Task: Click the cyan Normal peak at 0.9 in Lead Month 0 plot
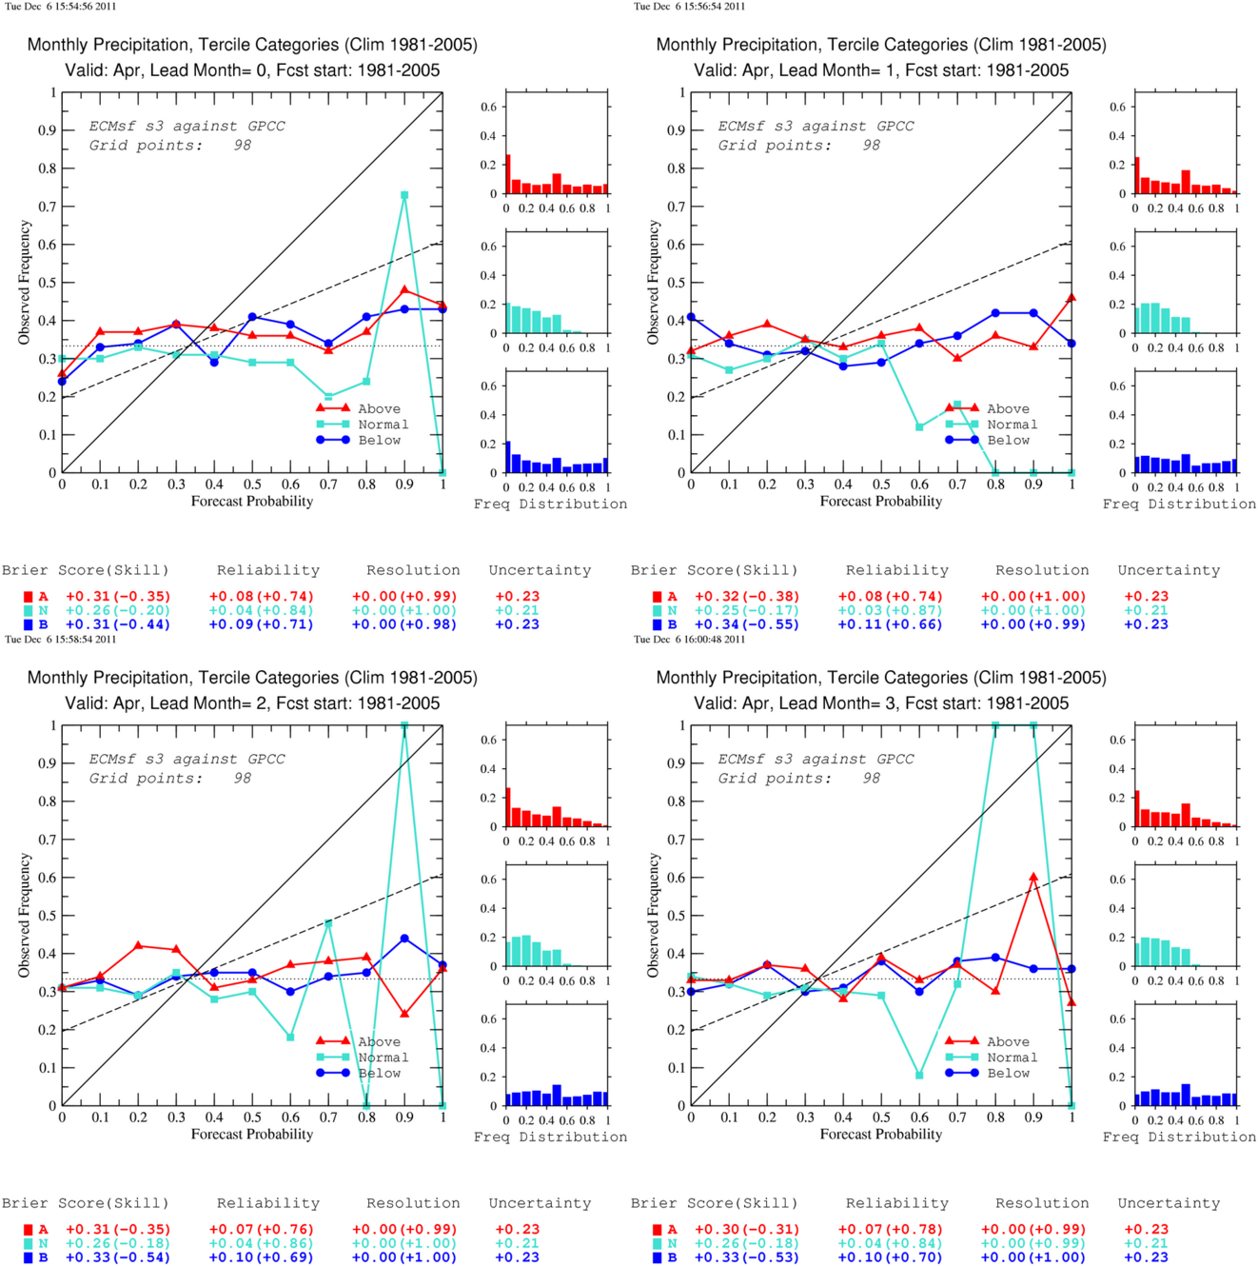click(x=404, y=195)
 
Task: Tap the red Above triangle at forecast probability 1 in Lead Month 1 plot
click(x=1071, y=298)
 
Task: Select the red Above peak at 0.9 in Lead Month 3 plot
click(x=1033, y=877)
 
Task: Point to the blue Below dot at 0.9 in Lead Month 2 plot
click(x=404, y=939)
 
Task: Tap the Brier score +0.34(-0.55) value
click(x=747, y=624)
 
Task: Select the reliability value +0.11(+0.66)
click(x=890, y=624)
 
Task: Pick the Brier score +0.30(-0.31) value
click(x=747, y=1229)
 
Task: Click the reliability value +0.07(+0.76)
click(x=262, y=1229)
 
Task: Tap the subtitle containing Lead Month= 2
click(x=252, y=703)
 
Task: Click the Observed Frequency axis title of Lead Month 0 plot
click(x=25, y=283)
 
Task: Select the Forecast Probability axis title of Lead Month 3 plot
click(x=881, y=1135)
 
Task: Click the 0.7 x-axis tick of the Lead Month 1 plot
click(x=957, y=485)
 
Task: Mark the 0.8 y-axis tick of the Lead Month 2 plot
click(x=48, y=801)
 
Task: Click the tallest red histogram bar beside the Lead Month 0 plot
click(x=508, y=174)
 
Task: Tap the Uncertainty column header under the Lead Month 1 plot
click(x=1169, y=570)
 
